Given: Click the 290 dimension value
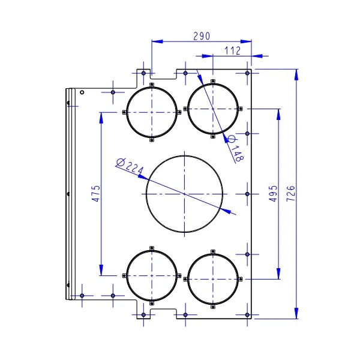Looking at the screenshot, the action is pos(202,36).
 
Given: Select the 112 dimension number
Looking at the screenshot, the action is pos(232,51).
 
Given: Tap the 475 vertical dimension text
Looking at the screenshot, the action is pos(96,194).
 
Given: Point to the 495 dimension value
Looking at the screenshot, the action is pos(273,194).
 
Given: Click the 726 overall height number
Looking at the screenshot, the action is pos(290,194).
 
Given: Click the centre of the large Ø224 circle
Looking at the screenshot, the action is pos(184,194).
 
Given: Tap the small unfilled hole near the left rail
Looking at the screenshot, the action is pos(82,92).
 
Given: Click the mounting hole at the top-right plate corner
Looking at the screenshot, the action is pos(247,73).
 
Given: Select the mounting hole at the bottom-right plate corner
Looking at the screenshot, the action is pos(247,315).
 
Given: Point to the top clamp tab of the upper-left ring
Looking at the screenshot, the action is pos(152,85).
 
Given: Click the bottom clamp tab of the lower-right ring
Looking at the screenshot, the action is pos(213,307).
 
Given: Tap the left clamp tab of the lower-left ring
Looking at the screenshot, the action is pos(124,275).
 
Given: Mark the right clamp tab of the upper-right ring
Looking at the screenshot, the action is pos(241,109).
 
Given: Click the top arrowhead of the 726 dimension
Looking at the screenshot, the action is pos(296,74).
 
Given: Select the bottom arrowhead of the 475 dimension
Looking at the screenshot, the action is pos(101,270).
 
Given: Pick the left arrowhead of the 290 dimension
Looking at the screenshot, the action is pos(157,41).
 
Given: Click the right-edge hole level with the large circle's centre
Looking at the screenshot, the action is pos(247,194).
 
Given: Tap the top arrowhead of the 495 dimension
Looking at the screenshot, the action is pos(278,115).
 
